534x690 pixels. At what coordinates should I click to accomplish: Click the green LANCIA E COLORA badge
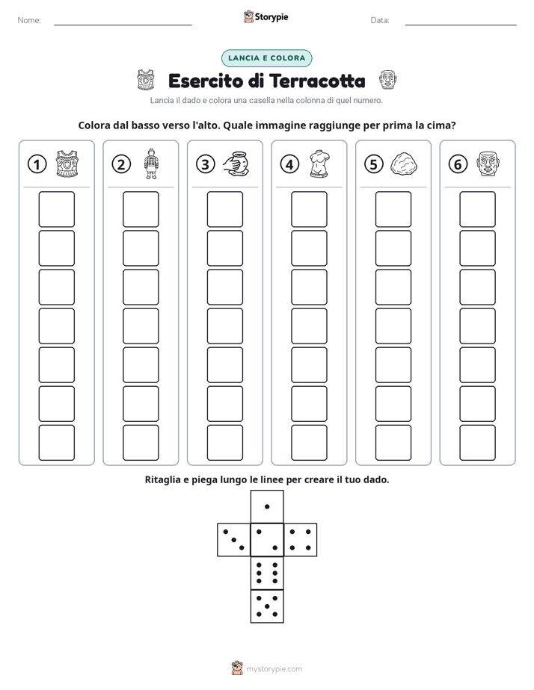(x=266, y=58)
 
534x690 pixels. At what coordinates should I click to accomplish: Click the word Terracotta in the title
(x=317, y=81)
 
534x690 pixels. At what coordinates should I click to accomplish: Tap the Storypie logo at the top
(x=266, y=16)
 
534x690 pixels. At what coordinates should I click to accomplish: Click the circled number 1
(x=37, y=164)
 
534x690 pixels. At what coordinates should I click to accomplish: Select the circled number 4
(x=289, y=164)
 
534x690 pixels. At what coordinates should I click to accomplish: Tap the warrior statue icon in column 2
(x=151, y=164)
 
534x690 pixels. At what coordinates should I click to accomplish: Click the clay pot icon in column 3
(x=236, y=164)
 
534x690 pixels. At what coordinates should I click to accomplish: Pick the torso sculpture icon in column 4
(x=319, y=164)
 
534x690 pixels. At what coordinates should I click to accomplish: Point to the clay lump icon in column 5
(x=404, y=164)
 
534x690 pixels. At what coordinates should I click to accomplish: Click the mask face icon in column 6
(x=488, y=164)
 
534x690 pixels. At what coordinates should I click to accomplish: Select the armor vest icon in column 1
(x=67, y=164)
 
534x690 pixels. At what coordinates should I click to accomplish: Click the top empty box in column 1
(x=56, y=209)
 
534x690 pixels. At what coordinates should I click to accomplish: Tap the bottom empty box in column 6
(x=477, y=443)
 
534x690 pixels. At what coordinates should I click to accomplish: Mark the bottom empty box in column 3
(x=224, y=443)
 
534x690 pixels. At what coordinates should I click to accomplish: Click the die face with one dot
(x=267, y=506)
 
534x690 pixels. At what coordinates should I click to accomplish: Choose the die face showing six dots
(x=267, y=573)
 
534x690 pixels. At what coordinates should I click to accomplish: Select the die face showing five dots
(x=267, y=606)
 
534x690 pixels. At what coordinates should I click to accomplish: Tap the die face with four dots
(x=301, y=540)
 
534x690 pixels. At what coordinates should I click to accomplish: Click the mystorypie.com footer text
(x=274, y=669)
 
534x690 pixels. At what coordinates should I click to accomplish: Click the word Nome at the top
(x=29, y=20)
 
